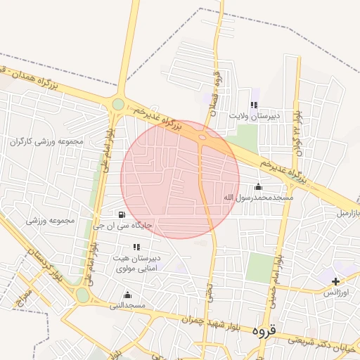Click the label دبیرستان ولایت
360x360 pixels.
click(257, 114)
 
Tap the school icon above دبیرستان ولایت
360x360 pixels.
click(254, 105)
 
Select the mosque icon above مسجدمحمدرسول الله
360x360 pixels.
click(257, 186)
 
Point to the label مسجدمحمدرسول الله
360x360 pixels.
click(257, 198)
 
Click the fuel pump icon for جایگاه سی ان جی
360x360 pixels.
click(122, 214)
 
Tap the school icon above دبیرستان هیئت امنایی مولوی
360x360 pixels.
click(136, 247)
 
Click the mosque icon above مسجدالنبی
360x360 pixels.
click(127, 295)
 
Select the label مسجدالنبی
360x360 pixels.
click(127, 306)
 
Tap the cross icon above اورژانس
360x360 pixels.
click(335, 282)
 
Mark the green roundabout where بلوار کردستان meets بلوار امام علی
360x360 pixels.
click(83, 296)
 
